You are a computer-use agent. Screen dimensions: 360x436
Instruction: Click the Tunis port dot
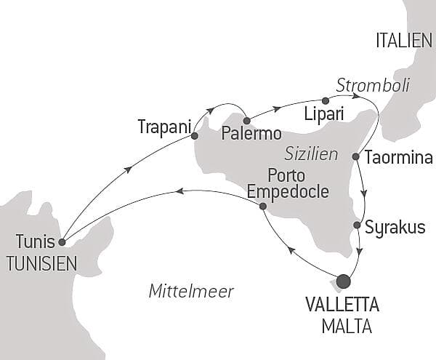[62, 242]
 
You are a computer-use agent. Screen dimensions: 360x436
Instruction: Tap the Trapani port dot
[194, 135]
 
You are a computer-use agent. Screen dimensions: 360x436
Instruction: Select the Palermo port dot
[247, 121]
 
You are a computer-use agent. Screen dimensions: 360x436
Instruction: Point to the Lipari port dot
[325, 100]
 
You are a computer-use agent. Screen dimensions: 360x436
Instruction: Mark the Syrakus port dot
[357, 225]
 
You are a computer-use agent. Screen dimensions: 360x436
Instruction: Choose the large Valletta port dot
[343, 281]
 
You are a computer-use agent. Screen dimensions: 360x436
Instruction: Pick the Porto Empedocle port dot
[262, 207]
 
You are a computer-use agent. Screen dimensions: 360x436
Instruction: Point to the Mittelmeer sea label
[191, 292]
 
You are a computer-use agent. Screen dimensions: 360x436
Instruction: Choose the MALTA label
[346, 326]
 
